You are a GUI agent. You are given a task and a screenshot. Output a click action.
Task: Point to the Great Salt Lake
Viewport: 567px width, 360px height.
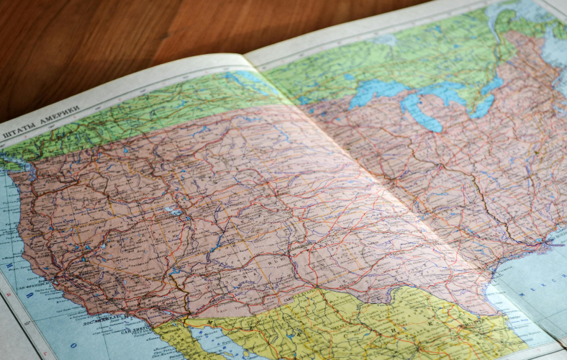point(173,211)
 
